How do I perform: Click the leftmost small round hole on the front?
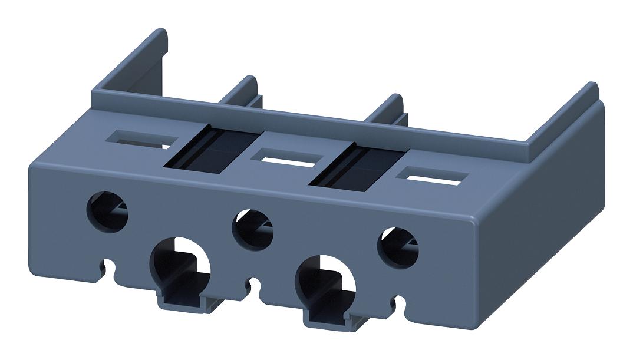coord(107,211)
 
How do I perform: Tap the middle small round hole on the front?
coord(252,229)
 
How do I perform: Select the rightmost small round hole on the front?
coord(397,247)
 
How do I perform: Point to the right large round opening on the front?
coord(328,282)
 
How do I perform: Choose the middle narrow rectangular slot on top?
coord(286,158)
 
